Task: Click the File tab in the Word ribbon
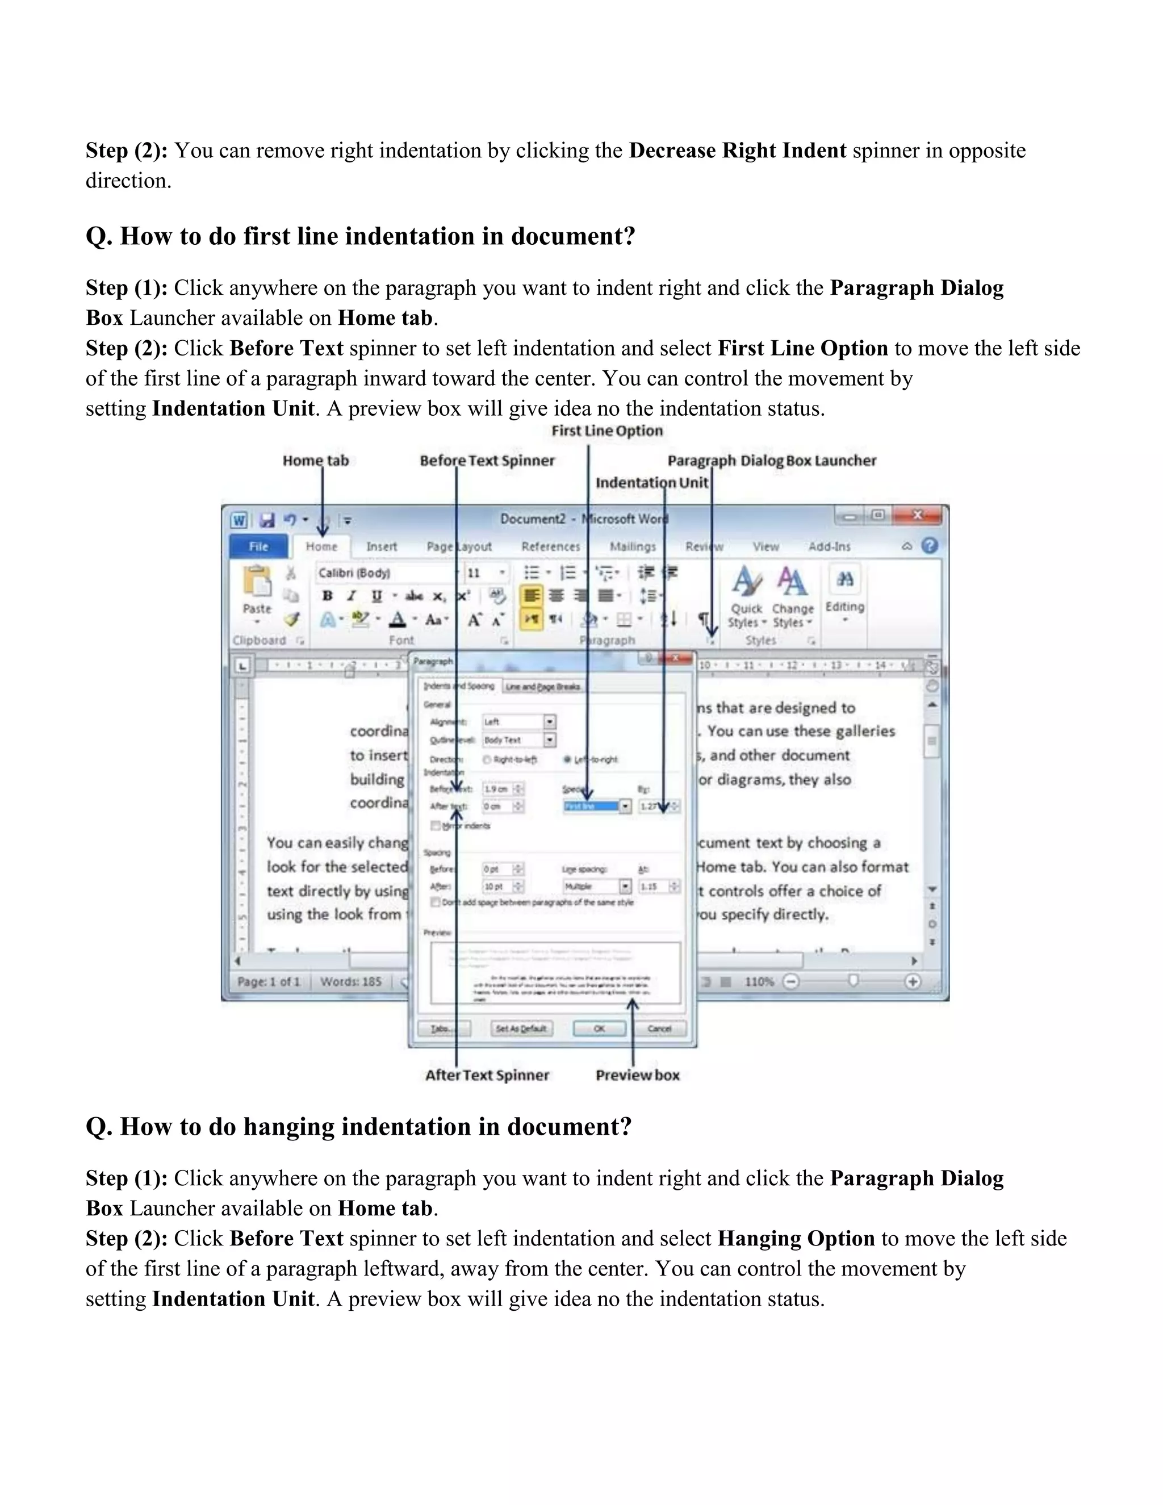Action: (x=258, y=546)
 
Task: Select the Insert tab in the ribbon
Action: (x=381, y=546)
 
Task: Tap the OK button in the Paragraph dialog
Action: (x=599, y=1028)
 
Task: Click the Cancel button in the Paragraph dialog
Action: (x=659, y=1028)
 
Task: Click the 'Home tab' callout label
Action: (x=316, y=461)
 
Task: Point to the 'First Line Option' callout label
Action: (x=607, y=430)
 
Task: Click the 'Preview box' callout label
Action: (x=637, y=1075)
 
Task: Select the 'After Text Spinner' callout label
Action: (x=487, y=1075)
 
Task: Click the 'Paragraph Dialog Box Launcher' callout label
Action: (x=772, y=461)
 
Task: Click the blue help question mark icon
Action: (x=930, y=546)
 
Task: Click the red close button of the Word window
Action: (x=917, y=516)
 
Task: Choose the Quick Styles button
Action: (x=746, y=596)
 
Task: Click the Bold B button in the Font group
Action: (x=327, y=596)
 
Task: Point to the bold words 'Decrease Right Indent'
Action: (x=737, y=150)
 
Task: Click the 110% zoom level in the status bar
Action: (x=759, y=981)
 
